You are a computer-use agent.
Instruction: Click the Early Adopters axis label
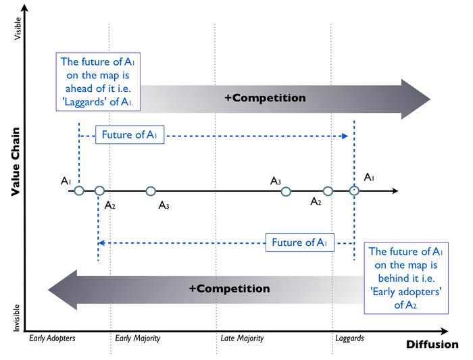click(x=51, y=338)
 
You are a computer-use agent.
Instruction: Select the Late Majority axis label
click(x=242, y=338)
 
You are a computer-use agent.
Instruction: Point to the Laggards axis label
click(x=349, y=338)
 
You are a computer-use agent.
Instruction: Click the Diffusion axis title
click(x=432, y=344)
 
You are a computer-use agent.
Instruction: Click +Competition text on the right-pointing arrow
click(x=265, y=98)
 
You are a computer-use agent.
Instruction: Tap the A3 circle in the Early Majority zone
click(x=151, y=191)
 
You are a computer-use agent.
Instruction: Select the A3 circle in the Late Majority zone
click(x=286, y=191)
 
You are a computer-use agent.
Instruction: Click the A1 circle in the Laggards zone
click(x=354, y=191)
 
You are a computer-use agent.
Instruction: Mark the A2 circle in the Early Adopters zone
click(x=99, y=191)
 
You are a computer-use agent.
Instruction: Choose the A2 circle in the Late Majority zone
click(x=328, y=191)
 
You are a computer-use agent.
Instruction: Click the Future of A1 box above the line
click(x=130, y=135)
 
